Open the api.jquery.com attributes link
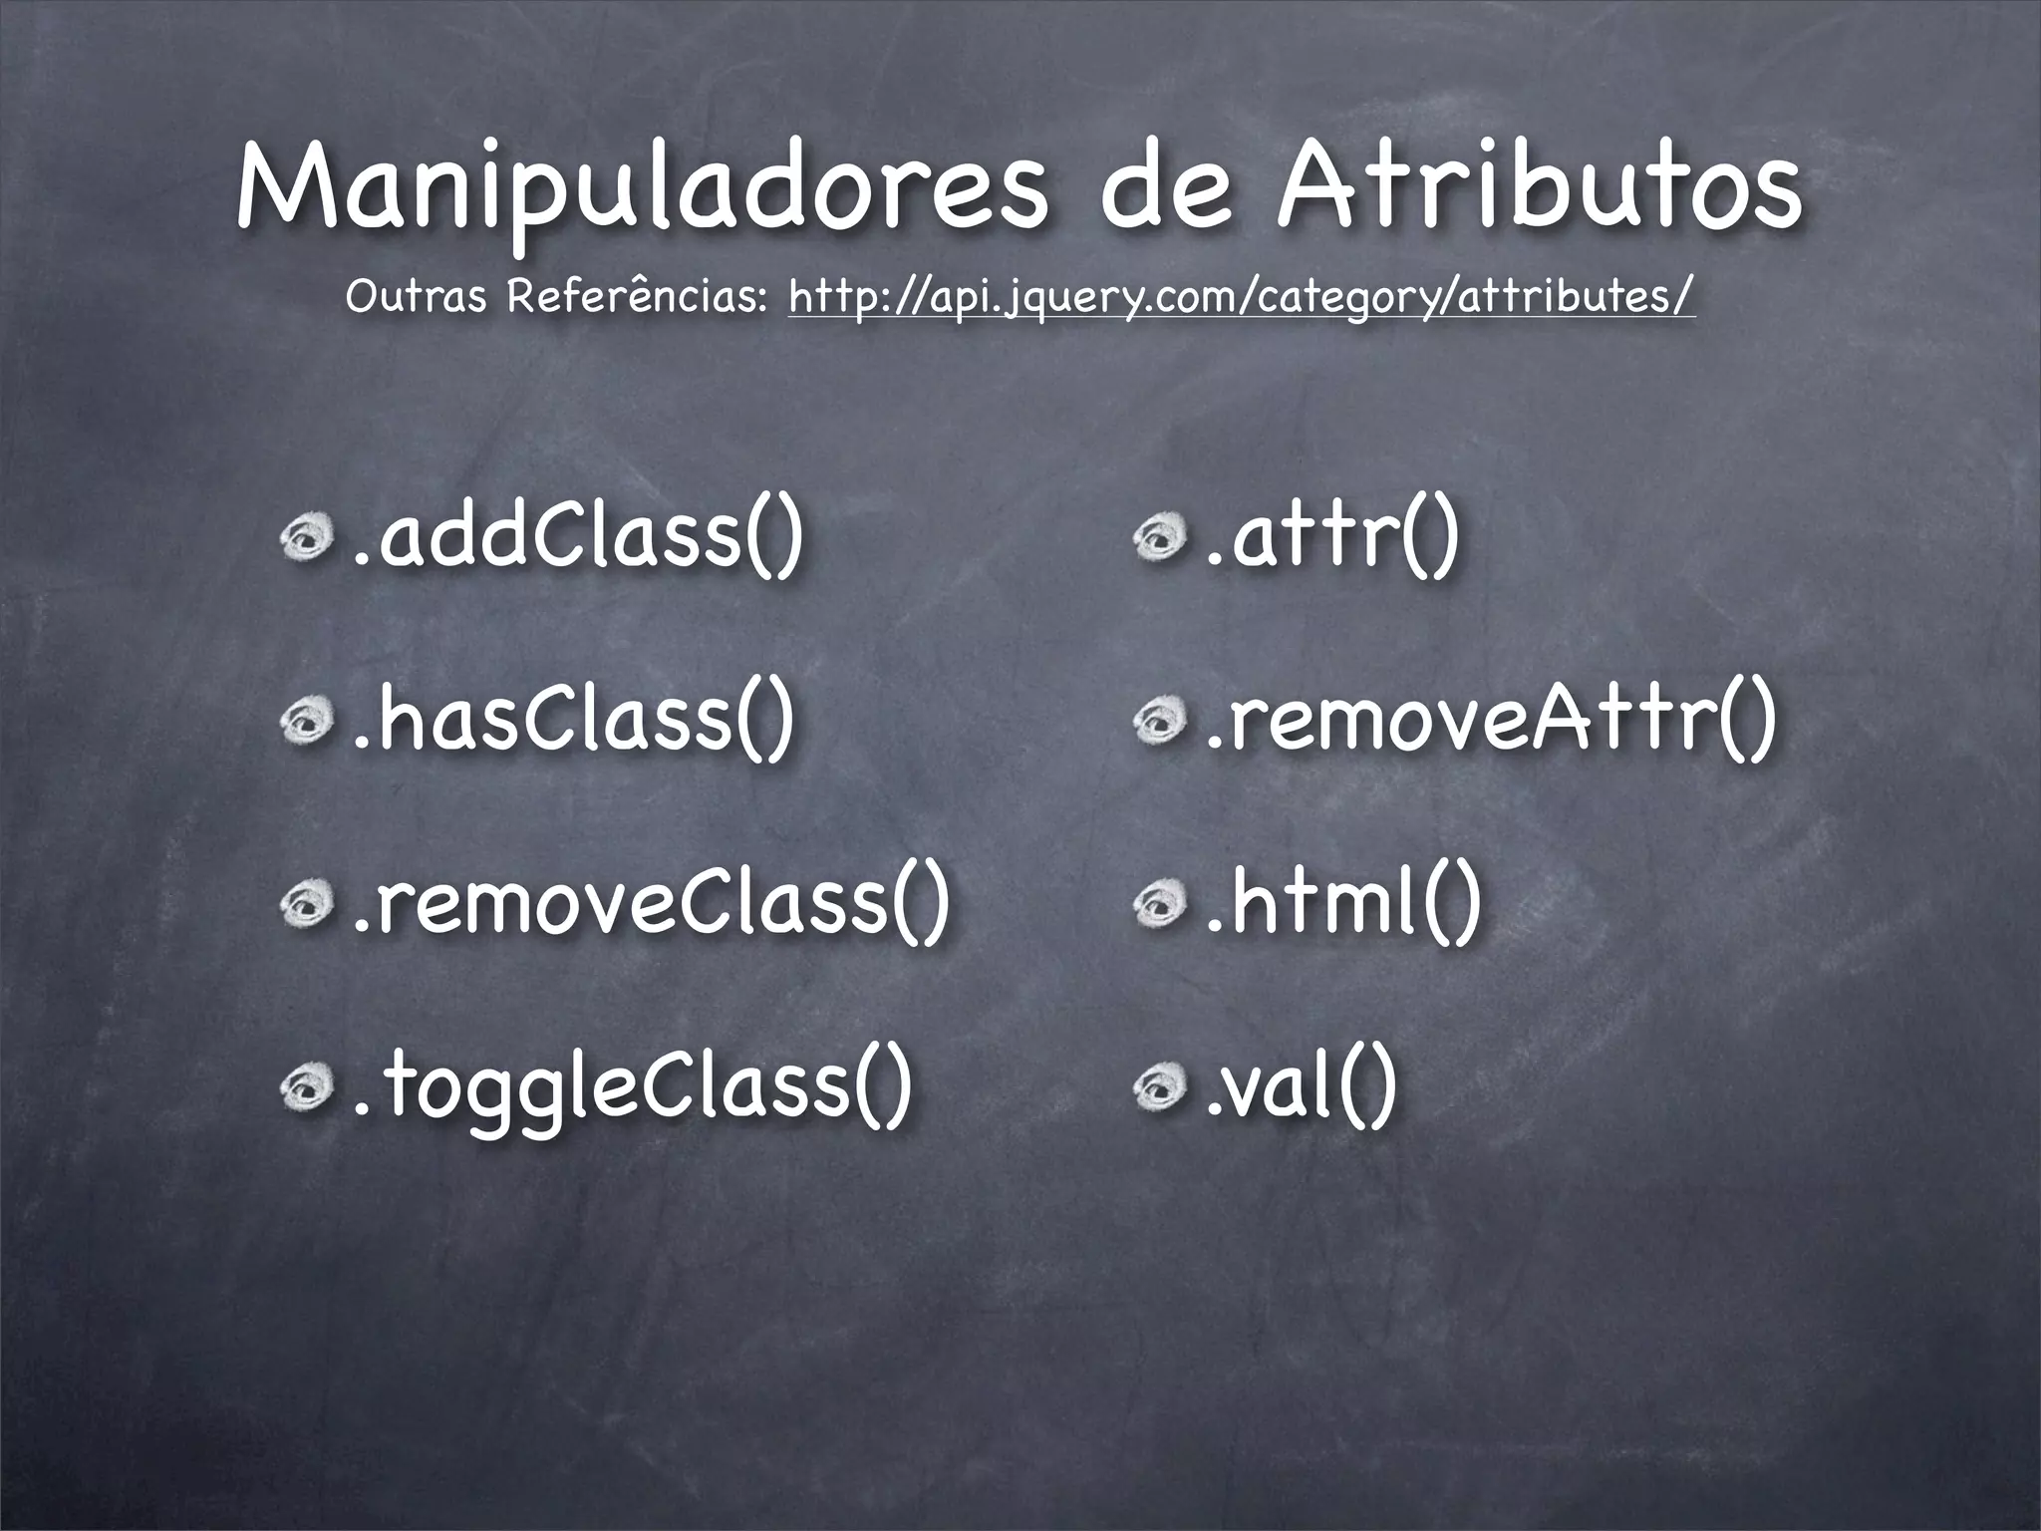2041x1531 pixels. (x=1241, y=296)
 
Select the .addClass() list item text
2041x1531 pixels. (x=575, y=539)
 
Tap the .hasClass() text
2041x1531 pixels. (x=572, y=721)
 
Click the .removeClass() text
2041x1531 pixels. (x=648, y=903)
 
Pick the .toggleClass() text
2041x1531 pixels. (x=628, y=1088)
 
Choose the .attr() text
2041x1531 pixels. (x=1331, y=539)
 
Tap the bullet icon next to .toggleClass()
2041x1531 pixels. (x=306, y=1088)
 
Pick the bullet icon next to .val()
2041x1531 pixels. (x=1159, y=1088)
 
